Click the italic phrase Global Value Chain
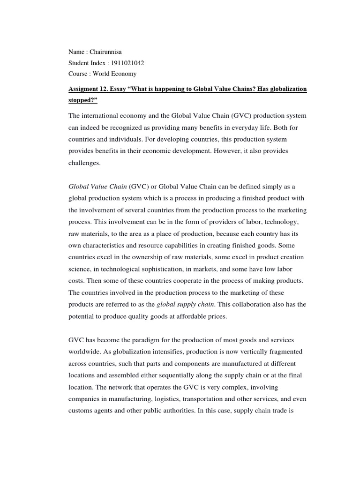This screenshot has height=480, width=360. click(97, 186)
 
